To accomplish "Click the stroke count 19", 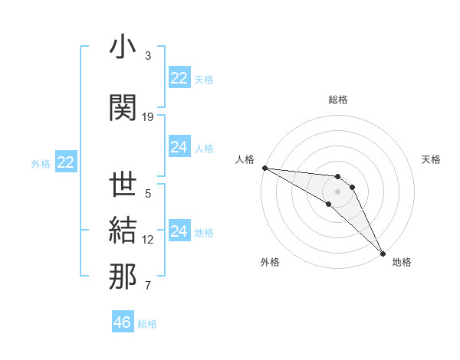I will point(148,117).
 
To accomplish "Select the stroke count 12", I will point(148,240).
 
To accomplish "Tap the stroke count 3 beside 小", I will point(148,56).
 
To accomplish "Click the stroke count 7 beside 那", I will point(148,286).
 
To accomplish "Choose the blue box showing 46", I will point(123,322).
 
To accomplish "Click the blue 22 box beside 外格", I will point(65,162).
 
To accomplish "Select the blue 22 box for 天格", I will point(179,78).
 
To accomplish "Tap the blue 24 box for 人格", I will point(179,147).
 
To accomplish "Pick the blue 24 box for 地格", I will point(179,231).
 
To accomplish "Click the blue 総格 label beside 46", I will point(147,324).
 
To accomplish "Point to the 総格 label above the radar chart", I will point(337,100).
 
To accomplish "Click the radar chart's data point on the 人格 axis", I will point(264,168).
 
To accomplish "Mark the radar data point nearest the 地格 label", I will point(381,252).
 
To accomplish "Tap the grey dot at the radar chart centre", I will point(337,191).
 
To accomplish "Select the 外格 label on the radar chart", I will point(270,263).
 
